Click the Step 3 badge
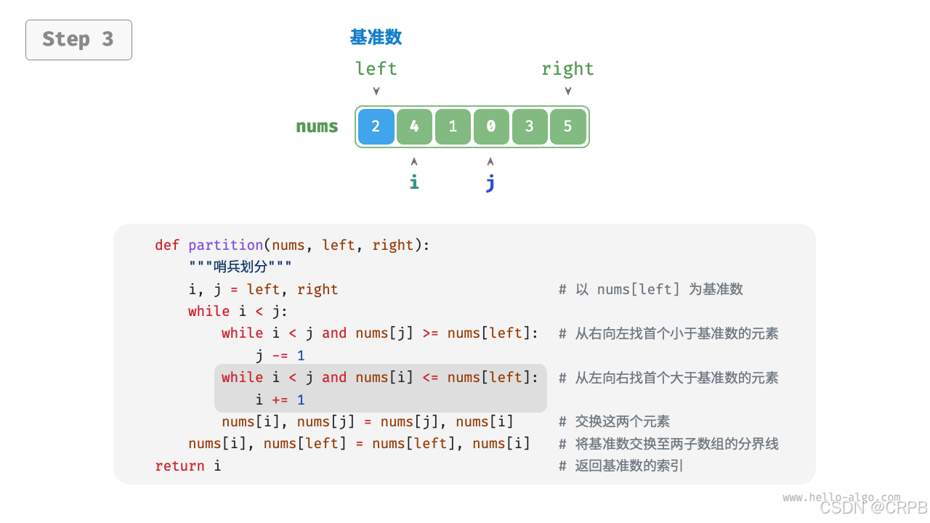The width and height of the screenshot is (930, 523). click(x=78, y=39)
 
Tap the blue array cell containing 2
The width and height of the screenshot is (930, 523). click(x=376, y=126)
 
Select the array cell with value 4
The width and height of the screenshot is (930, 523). click(x=414, y=126)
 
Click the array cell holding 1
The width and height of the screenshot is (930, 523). click(x=453, y=126)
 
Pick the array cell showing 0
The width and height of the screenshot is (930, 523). click(x=491, y=126)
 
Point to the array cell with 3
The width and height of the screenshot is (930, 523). click(x=530, y=126)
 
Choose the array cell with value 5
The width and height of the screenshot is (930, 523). click(x=568, y=126)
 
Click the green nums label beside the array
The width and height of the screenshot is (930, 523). click(x=317, y=126)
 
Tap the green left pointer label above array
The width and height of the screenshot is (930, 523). click(x=376, y=69)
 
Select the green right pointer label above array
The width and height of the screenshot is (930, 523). click(x=567, y=69)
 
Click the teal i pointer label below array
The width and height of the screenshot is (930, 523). click(x=414, y=182)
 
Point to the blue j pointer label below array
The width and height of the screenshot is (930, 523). click(x=490, y=182)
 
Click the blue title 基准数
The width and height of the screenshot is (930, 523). click(x=376, y=37)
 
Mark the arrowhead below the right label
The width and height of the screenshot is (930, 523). click(x=568, y=92)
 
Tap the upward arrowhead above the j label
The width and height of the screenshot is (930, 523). click(x=490, y=161)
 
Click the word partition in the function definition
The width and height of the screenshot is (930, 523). click(x=225, y=245)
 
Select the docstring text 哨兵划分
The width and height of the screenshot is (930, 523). click(x=240, y=267)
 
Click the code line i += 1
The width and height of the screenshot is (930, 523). click(x=280, y=400)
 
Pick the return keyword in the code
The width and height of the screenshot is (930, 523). click(x=180, y=466)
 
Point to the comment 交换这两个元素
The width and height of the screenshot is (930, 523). click(x=623, y=421)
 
